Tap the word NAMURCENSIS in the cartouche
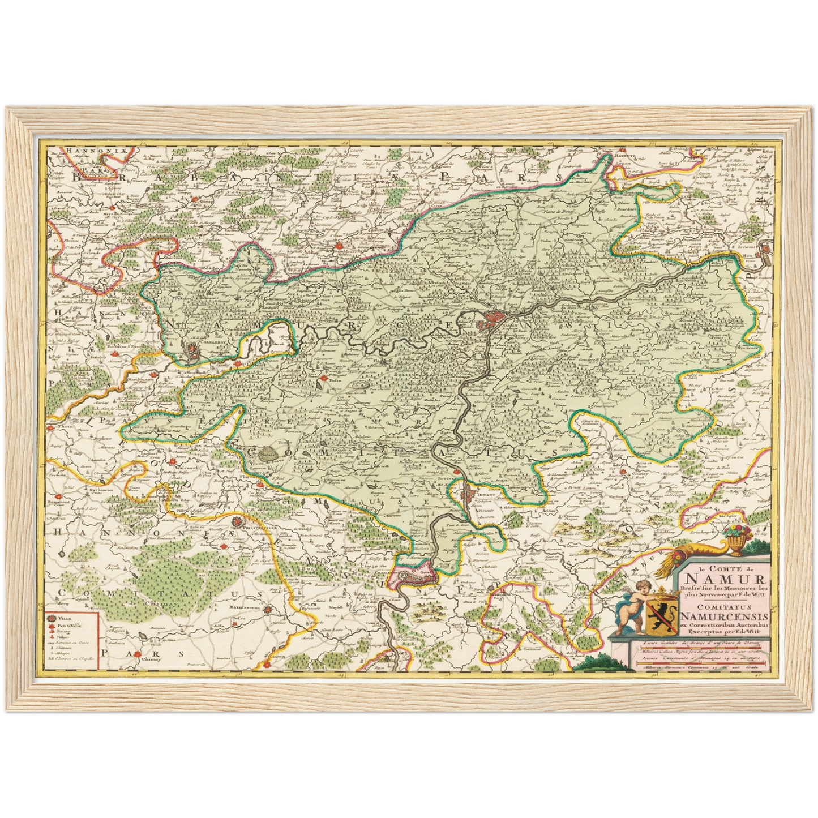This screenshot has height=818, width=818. click(725, 616)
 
